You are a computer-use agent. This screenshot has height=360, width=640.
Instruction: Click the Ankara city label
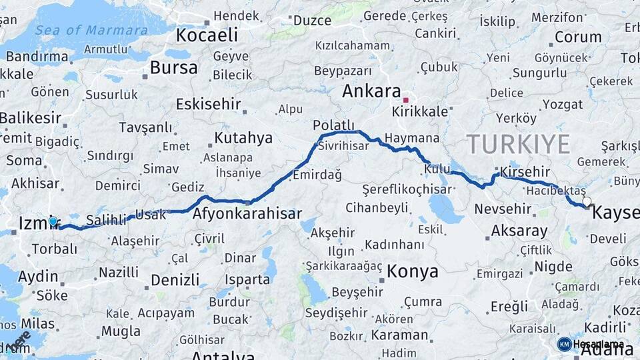pos(371,92)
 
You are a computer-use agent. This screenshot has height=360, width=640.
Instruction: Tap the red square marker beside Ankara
pos(405,100)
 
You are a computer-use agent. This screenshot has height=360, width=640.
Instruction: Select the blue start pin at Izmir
pos(53,221)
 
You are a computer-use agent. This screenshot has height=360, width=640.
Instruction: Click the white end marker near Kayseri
pos(587,201)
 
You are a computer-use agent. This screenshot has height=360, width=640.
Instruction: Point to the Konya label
pos(413,271)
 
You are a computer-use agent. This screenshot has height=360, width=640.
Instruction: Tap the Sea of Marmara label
pos(91,30)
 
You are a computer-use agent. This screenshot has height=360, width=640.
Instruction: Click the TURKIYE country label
pos(518,144)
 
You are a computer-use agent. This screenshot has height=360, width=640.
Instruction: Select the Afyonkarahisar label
pos(247,214)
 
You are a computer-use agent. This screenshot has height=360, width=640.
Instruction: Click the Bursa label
pos(173,67)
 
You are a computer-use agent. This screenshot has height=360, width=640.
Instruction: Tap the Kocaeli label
pos(207,35)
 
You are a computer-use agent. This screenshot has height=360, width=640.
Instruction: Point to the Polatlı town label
pos(333,125)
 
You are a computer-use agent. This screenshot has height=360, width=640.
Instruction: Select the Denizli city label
pos(175,279)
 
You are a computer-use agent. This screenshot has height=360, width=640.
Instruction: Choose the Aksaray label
pos(519,231)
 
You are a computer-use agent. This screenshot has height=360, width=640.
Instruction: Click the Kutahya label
pos(243,138)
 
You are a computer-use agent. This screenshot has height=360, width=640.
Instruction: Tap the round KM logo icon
pos(564,344)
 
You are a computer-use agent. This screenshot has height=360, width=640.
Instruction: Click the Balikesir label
pos(31,118)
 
